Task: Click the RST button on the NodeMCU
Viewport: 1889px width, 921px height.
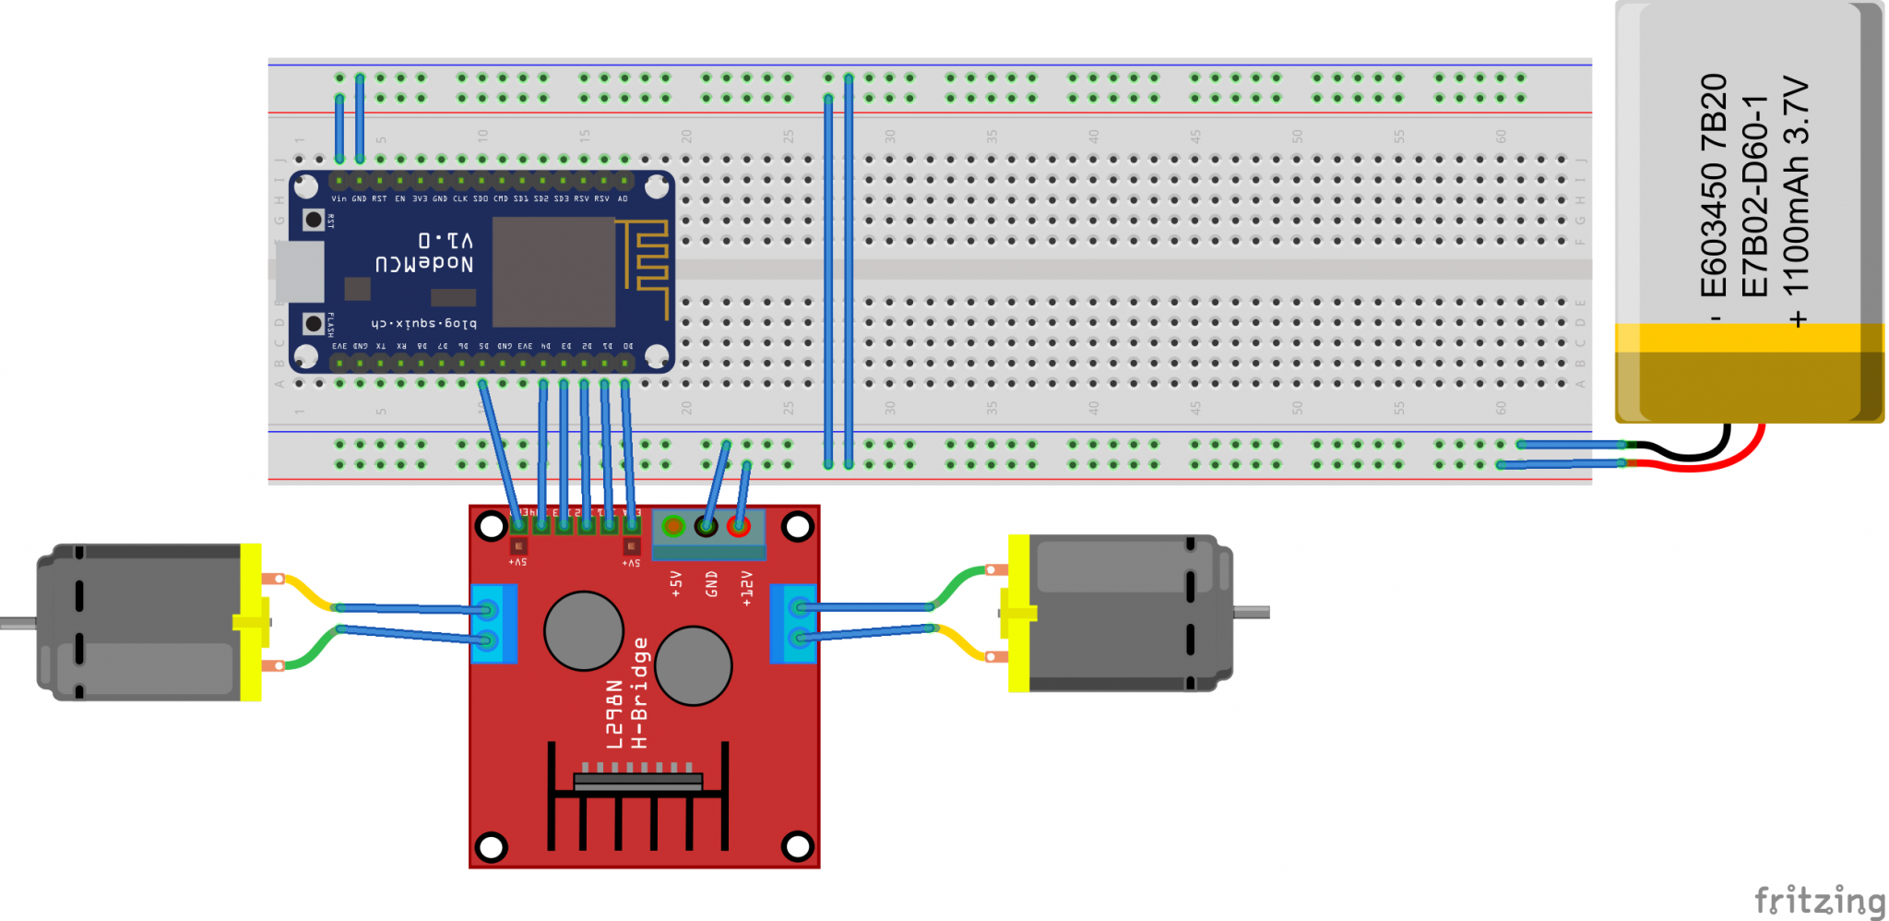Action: [x=314, y=220]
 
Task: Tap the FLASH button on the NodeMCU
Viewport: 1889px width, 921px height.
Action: [x=314, y=324]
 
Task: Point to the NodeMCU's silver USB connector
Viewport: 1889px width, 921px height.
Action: [x=300, y=271]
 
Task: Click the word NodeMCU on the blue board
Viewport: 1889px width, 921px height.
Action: [x=423, y=264]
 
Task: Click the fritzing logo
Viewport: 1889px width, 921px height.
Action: [x=1818, y=899]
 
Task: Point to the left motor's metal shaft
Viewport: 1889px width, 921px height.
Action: [x=18, y=622]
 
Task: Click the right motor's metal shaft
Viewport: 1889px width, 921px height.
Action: [x=1252, y=612]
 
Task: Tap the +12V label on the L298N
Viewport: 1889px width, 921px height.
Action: [x=747, y=587]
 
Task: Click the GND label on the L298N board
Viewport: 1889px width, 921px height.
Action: [x=711, y=583]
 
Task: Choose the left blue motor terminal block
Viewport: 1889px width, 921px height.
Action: [x=493, y=624]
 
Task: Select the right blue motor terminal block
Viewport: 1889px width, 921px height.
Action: [x=793, y=624]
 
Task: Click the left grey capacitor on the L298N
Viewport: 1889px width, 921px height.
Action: [x=584, y=630]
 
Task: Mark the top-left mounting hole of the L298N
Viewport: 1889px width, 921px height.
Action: [x=491, y=527]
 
